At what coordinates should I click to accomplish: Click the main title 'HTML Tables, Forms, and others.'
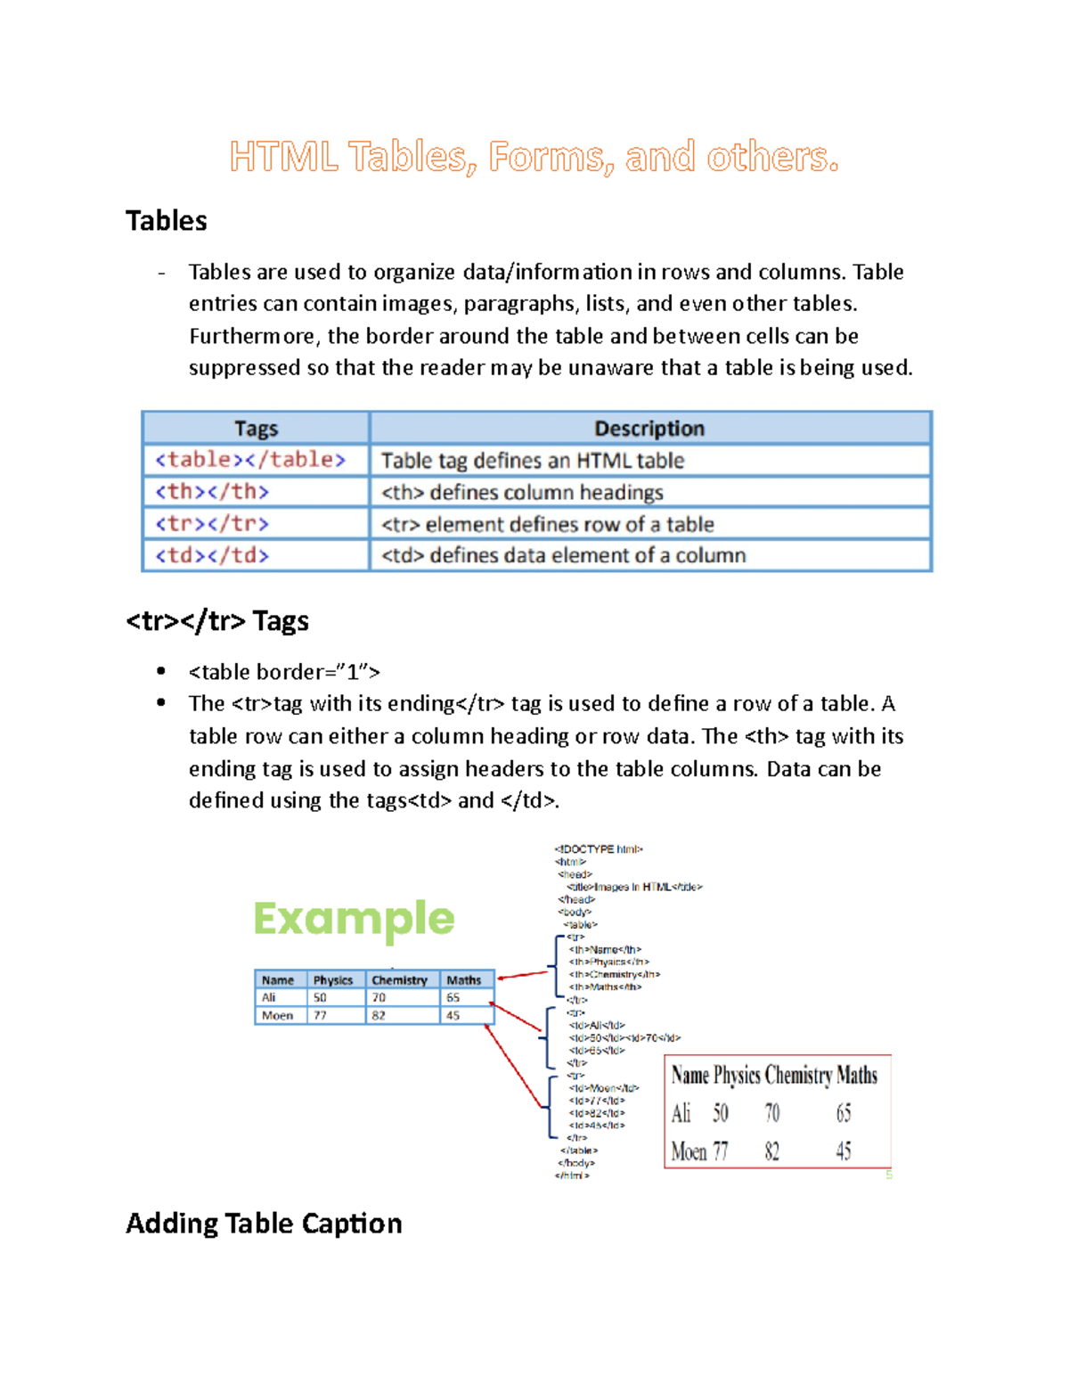(533, 157)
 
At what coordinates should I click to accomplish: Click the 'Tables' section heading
(166, 220)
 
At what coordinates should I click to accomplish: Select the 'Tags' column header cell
(256, 429)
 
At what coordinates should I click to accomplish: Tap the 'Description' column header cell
(649, 429)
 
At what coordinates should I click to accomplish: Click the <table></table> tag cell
(249, 460)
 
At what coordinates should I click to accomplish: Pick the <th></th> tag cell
(212, 492)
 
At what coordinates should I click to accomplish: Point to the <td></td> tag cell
(212, 555)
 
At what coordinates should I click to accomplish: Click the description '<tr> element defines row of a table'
(547, 524)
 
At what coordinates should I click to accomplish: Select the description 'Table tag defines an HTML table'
(532, 461)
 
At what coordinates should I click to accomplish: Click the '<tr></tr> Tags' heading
(217, 620)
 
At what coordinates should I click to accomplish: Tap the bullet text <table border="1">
(284, 672)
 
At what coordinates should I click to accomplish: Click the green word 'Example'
(354, 918)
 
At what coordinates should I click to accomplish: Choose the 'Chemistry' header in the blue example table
(399, 980)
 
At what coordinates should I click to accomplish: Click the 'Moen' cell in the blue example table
(277, 1016)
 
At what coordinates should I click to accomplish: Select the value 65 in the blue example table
(453, 998)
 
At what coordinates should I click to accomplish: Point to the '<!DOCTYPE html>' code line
(598, 849)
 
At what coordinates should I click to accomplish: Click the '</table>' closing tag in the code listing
(579, 1151)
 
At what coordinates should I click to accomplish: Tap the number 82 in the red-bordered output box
(771, 1151)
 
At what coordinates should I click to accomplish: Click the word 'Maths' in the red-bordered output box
(857, 1076)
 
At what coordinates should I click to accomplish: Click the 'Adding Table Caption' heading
(264, 1223)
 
